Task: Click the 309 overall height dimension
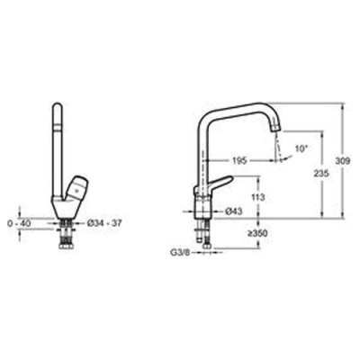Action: pyautogui.click(x=342, y=161)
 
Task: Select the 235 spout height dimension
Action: pyautogui.click(x=321, y=173)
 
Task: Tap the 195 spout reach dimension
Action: pyautogui.click(x=239, y=161)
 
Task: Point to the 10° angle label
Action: pyautogui.click(x=301, y=148)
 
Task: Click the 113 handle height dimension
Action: pyautogui.click(x=257, y=197)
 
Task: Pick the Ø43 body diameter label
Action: pyautogui.click(x=233, y=211)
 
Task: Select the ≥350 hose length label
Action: pyautogui.click(x=257, y=233)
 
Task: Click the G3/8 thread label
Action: pyautogui.click(x=179, y=253)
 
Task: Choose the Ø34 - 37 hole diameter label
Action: pyautogui.click(x=104, y=223)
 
